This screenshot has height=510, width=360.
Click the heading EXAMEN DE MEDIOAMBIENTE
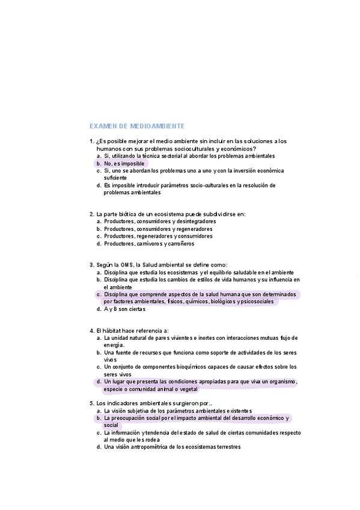point(136,126)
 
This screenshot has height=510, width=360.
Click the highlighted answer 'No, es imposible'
point(124,163)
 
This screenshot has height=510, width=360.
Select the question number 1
point(91,141)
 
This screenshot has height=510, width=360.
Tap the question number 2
point(91,214)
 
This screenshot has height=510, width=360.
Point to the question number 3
point(91,265)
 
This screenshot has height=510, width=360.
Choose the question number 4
point(91,330)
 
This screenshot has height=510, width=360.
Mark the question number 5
point(91,403)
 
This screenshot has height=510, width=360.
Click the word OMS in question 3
point(127,265)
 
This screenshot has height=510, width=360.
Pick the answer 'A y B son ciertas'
point(124,309)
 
